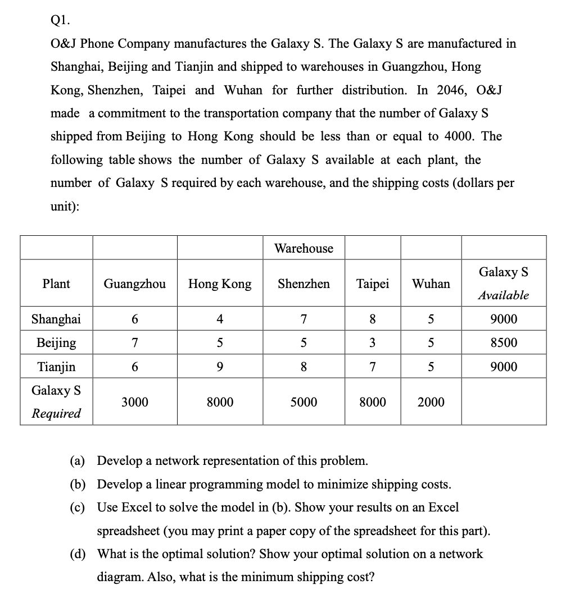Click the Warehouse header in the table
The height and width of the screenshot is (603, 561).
pos(304,248)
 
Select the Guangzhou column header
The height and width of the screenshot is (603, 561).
pos(135,284)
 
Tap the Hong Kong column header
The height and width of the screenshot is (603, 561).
pos(220,284)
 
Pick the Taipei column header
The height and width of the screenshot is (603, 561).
pos(373,284)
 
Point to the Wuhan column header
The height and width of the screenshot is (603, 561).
pos(431,284)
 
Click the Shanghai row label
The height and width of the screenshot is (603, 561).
pos(56,319)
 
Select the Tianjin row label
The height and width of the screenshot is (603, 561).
pos(56,367)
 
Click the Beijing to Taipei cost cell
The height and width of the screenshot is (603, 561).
pos(373,342)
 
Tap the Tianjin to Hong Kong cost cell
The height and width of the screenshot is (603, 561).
pos(220,367)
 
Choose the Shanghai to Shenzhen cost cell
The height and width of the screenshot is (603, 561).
pos(304,319)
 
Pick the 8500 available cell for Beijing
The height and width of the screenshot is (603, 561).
pos(504,342)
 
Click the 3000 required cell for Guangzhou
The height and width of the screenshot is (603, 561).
pos(135,402)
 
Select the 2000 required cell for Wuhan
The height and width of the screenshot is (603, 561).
pos(431,402)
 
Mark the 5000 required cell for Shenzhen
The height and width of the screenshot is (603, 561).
pos(304,402)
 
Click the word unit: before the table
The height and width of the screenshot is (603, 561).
pos(65,206)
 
